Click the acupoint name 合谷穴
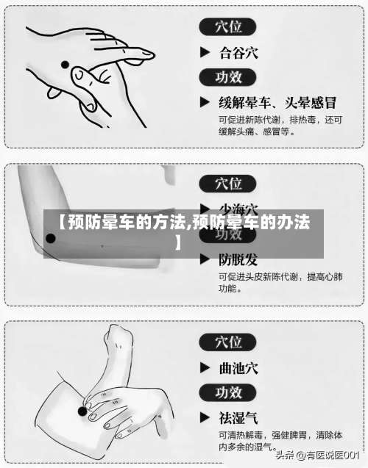click(x=238, y=53)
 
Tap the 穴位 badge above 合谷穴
click(x=228, y=28)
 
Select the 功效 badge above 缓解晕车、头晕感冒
click(x=228, y=76)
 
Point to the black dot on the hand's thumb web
click(x=65, y=65)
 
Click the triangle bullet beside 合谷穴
click(x=206, y=53)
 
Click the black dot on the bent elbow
click(x=51, y=238)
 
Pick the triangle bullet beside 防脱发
click(x=206, y=259)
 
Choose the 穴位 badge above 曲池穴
click(x=228, y=342)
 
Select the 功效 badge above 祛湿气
click(x=228, y=392)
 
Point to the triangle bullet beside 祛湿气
click(x=206, y=417)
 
